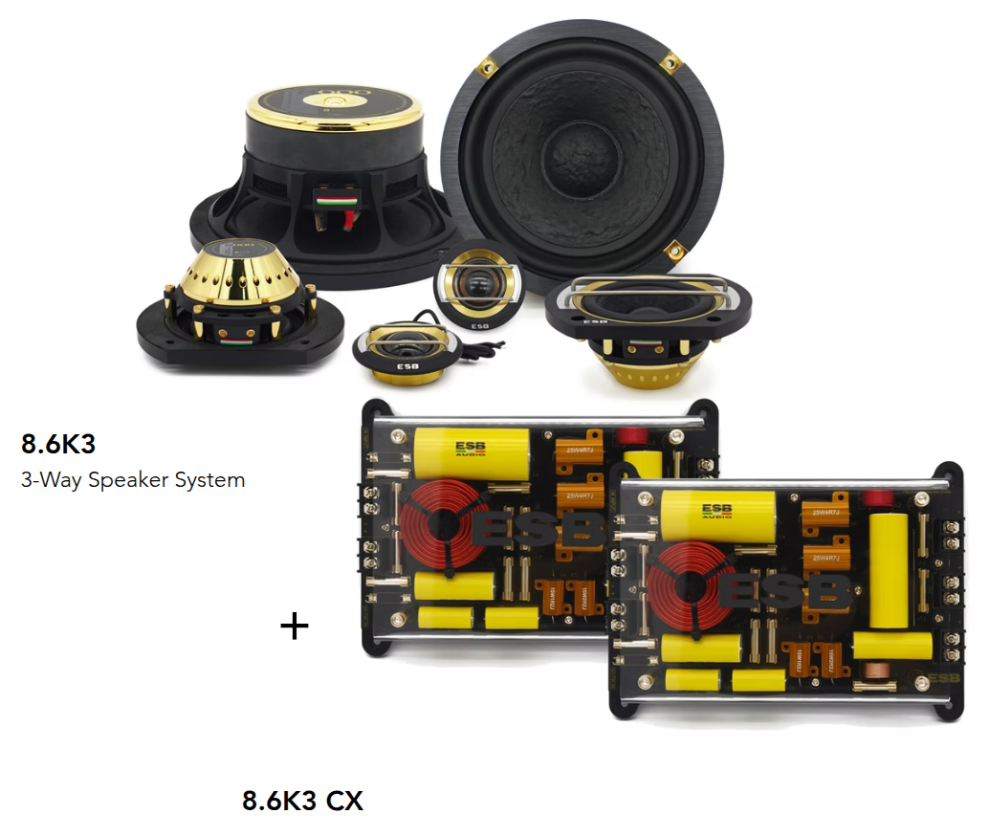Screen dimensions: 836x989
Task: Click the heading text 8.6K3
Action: pyautogui.click(x=58, y=444)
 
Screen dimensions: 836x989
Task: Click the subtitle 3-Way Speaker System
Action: pyautogui.click(x=133, y=479)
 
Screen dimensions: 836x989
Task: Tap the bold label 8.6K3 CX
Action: pyautogui.click(x=302, y=800)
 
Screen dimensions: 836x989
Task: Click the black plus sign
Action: pyautogui.click(x=295, y=627)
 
